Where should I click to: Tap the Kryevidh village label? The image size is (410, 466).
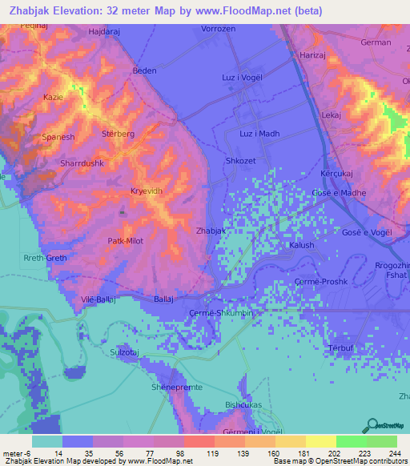146,191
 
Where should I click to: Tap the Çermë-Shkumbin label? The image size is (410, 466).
220,313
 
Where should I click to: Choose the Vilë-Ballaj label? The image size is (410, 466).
99,299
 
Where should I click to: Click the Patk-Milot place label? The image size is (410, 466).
126,240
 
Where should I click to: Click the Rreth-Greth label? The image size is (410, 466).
45,258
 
